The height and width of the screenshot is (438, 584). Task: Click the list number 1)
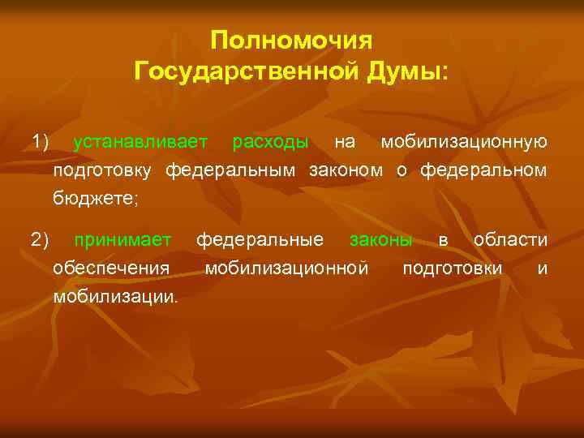41,143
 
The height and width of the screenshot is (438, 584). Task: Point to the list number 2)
41,240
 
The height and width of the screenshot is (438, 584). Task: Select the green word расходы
269,143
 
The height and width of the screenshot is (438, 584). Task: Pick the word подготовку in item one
104,170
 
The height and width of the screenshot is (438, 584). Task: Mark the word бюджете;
96,198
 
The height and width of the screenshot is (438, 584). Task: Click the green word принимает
122,240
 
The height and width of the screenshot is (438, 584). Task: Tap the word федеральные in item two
260,240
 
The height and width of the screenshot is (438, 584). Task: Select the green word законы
380,240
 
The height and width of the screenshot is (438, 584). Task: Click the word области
510,240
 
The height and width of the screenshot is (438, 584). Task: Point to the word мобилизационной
286,268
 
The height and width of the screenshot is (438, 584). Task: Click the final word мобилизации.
114,296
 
